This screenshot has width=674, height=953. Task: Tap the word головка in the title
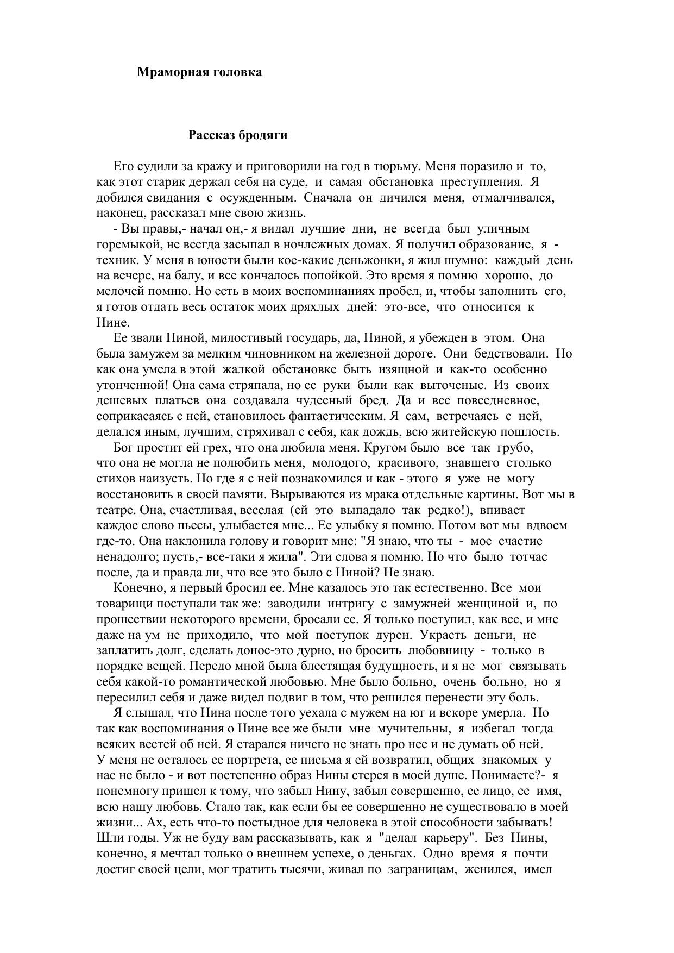237,72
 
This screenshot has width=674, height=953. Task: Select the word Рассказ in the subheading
211,136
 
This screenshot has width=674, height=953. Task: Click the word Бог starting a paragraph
124,448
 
